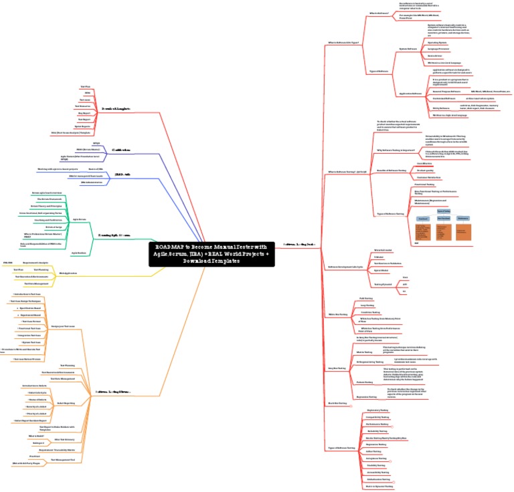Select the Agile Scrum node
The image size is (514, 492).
(79, 219)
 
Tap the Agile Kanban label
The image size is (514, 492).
(79, 253)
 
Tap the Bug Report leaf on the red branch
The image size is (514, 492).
(83, 113)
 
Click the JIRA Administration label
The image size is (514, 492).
(92, 182)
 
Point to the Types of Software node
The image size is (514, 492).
(379, 71)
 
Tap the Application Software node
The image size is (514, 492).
(410, 94)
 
